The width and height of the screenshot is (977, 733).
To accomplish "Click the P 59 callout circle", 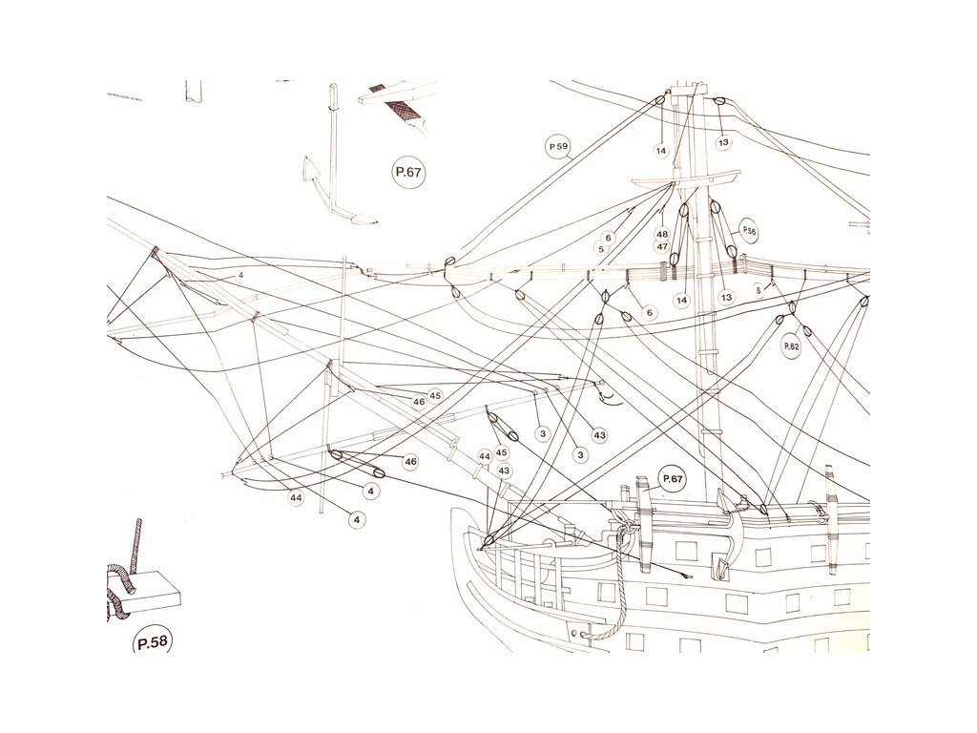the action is pos(558,146).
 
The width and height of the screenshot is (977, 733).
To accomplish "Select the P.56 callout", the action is pos(749,231).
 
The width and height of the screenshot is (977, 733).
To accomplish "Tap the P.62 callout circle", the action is pos(791,346).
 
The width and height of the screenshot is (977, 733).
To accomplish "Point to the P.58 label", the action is pos(152,642).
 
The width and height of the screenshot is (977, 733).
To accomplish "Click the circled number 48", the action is pos(661,234).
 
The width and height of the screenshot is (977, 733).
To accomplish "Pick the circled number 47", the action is pos(661,246).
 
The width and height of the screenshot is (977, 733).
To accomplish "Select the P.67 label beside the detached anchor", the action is pos(407,173).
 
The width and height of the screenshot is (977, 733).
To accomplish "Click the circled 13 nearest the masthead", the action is pos(723,142).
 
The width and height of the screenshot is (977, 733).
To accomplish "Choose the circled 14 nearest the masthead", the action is pos(660,150).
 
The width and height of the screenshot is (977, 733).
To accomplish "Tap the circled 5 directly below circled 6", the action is pos(601,249).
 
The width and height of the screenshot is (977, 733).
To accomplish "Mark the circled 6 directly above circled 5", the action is pos(609,238).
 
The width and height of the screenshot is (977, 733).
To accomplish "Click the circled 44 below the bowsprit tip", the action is pos(296,498).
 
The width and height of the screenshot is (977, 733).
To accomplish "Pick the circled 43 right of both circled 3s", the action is pos(599,435).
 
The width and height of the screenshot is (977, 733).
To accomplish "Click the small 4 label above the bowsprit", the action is pos(241,276).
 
